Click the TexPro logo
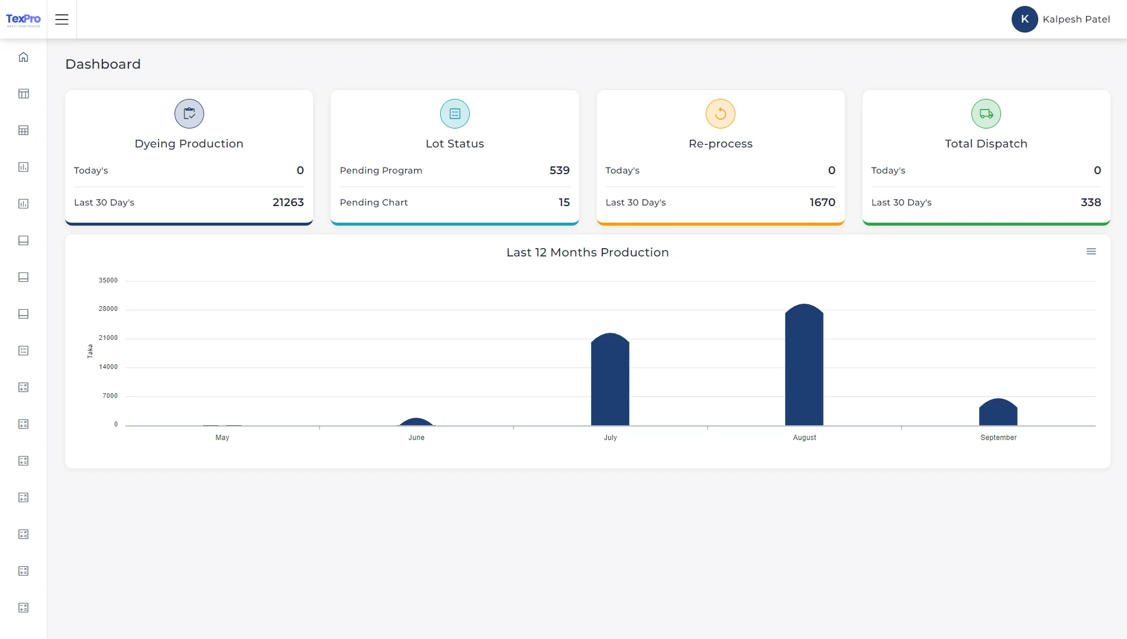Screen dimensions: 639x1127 [23, 20]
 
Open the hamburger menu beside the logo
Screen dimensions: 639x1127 [62, 20]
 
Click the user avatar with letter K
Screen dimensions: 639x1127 [1024, 19]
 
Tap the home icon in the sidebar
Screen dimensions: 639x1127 [23, 57]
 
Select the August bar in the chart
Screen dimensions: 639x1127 [804, 367]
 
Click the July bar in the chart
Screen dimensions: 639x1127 [610, 382]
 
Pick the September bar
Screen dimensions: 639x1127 [998, 413]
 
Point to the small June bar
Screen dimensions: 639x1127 [416, 422]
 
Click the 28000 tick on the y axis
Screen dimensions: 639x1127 [108, 309]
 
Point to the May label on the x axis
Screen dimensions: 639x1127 [222, 438]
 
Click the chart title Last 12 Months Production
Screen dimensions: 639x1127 [587, 252]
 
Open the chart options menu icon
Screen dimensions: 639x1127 [1091, 252]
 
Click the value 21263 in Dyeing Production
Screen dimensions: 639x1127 [288, 203]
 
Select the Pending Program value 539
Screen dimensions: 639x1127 [559, 171]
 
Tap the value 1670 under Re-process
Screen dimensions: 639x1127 [822, 203]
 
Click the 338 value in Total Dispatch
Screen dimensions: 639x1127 [1090, 203]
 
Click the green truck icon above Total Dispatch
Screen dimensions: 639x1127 [986, 114]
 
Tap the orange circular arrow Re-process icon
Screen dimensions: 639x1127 [720, 114]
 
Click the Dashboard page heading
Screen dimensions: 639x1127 [103, 64]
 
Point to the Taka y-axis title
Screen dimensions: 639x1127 [90, 351]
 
